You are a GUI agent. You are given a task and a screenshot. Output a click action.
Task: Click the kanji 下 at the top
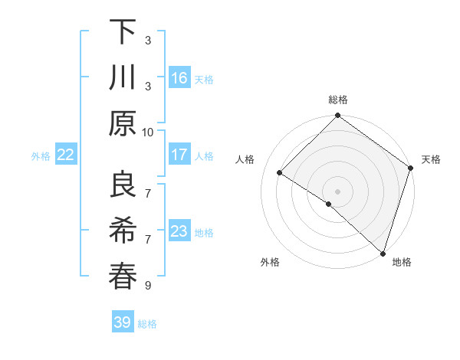tap(123, 33)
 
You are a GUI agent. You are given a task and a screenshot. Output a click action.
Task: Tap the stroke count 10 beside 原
tap(148, 132)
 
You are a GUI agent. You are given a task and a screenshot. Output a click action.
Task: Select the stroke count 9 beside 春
tap(148, 286)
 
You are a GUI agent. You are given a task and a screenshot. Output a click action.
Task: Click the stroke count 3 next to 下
tap(148, 39)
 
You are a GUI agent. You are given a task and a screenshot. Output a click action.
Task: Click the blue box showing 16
tap(179, 77)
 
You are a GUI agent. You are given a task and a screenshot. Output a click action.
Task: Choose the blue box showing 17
tap(179, 155)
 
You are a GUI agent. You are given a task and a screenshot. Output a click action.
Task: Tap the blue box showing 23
tap(179, 231)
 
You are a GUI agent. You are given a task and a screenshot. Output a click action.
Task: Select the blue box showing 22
tap(66, 155)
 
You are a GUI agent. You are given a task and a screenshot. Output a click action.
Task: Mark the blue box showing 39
tap(123, 322)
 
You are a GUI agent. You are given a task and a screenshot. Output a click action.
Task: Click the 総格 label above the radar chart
tap(337, 100)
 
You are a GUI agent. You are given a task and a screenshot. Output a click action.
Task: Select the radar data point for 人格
tap(280, 173)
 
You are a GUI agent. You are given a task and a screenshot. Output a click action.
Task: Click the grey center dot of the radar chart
tap(337, 190)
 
